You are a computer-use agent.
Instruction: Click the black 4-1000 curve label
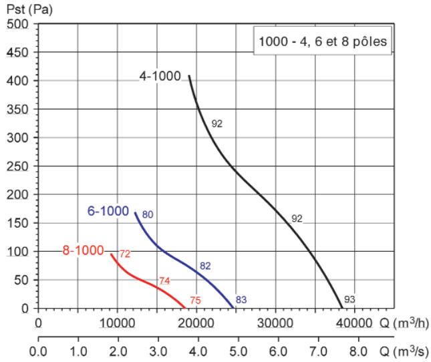[160, 75]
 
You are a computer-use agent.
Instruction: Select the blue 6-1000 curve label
[108, 211]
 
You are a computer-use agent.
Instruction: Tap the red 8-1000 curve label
[83, 250]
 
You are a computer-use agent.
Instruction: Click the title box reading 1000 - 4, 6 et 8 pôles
[323, 41]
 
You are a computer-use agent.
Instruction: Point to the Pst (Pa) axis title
[29, 9]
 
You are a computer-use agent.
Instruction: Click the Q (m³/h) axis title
[404, 323]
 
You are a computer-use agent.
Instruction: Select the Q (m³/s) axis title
[404, 351]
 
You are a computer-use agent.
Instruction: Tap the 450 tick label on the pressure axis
[17, 52]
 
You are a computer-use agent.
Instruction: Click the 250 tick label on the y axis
[17, 166]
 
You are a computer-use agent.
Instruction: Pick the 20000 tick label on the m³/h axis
[196, 323]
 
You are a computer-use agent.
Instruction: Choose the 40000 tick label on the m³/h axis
[354, 323]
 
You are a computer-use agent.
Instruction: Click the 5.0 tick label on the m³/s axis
[238, 351]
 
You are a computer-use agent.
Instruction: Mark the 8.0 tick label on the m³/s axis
[358, 351]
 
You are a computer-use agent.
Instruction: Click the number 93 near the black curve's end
[349, 299]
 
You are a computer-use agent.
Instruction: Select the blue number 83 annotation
[241, 300]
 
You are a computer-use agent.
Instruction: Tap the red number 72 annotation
[125, 254]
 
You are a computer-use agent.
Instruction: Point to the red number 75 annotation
[195, 300]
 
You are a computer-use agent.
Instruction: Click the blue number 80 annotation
[148, 214]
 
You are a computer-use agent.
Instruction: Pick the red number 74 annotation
[164, 281]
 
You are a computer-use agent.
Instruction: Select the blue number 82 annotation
[205, 266]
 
